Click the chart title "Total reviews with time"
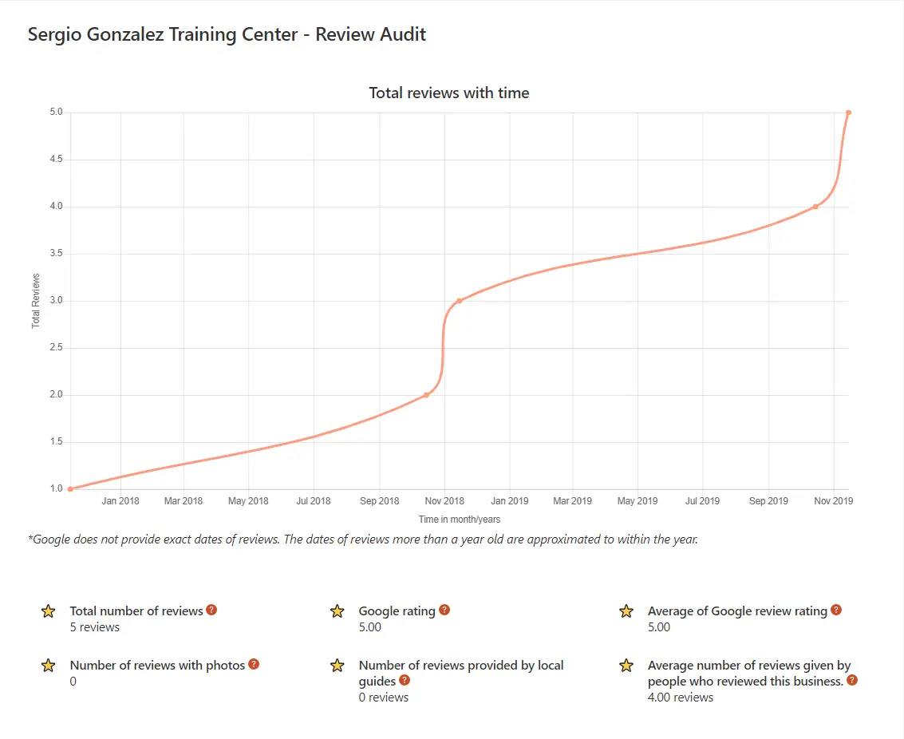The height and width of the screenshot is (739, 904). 448,93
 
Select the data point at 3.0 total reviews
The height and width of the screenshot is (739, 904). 459,301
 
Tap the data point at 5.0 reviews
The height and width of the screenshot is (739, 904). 848,113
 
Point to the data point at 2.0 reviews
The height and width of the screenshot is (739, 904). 426,395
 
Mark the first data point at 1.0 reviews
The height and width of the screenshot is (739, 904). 70,489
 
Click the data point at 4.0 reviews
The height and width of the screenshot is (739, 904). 815,207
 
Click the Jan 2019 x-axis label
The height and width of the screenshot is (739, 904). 508,501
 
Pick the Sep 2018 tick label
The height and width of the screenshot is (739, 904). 379,501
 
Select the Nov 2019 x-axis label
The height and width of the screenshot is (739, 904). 833,501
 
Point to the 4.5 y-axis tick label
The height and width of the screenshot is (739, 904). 55,160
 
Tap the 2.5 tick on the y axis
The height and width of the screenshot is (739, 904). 55,348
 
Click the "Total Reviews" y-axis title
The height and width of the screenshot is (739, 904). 36,301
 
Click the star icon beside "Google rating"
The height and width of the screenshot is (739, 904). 337,611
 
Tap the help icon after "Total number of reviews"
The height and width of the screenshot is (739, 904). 211,610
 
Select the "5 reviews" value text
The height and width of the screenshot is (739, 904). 95,627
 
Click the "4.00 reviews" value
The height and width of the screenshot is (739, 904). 680,698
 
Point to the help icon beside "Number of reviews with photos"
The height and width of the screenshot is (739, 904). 254,664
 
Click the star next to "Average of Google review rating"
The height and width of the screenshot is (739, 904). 626,611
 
